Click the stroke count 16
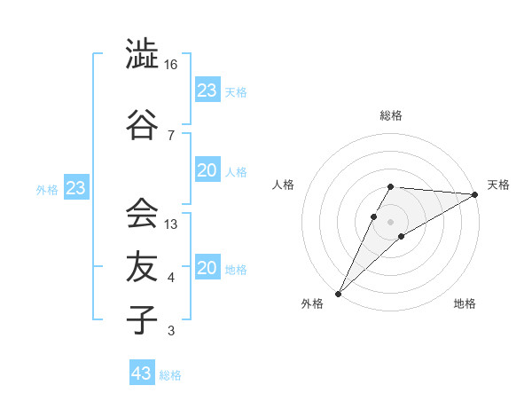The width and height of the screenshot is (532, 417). pyautogui.click(x=171, y=66)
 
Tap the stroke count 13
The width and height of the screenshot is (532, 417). pyautogui.click(x=171, y=224)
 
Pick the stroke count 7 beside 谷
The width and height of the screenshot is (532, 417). pyautogui.click(x=170, y=135)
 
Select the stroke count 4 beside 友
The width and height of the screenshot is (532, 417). pyautogui.click(x=170, y=279)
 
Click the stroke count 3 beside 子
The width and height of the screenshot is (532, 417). pyautogui.click(x=170, y=332)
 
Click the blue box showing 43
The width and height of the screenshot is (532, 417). pyautogui.click(x=142, y=374)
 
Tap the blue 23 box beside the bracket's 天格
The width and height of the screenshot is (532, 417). pyautogui.click(x=207, y=90)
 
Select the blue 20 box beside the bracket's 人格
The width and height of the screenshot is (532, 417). pyautogui.click(x=207, y=170)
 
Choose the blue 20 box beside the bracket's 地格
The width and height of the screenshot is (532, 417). pyautogui.click(x=207, y=268)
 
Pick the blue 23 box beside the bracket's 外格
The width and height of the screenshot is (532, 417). pyautogui.click(x=75, y=189)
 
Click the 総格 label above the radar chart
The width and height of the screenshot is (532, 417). pyautogui.click(x=390, y=115)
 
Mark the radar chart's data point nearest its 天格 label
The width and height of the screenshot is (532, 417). pyautogui.click(x=475, y=195)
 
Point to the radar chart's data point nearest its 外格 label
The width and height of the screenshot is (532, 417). pyautogui.click(x=338, y=293)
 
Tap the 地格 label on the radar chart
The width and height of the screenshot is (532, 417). pyautogui.click(x=465, y=304)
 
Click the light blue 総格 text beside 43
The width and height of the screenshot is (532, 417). pyautogui.click(x=170, y=375)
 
